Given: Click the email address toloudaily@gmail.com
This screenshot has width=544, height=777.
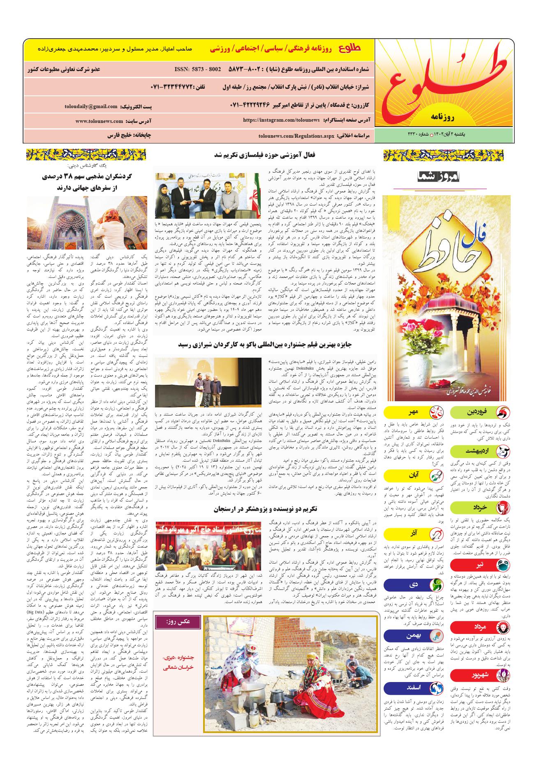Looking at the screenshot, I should click(x=91, y=106).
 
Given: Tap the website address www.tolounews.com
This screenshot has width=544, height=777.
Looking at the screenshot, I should click(x=99, y=121).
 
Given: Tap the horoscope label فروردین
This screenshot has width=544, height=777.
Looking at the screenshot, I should click(x=477, y=412).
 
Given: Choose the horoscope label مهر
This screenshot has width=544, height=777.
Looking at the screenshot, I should click(x=410, y=412).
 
